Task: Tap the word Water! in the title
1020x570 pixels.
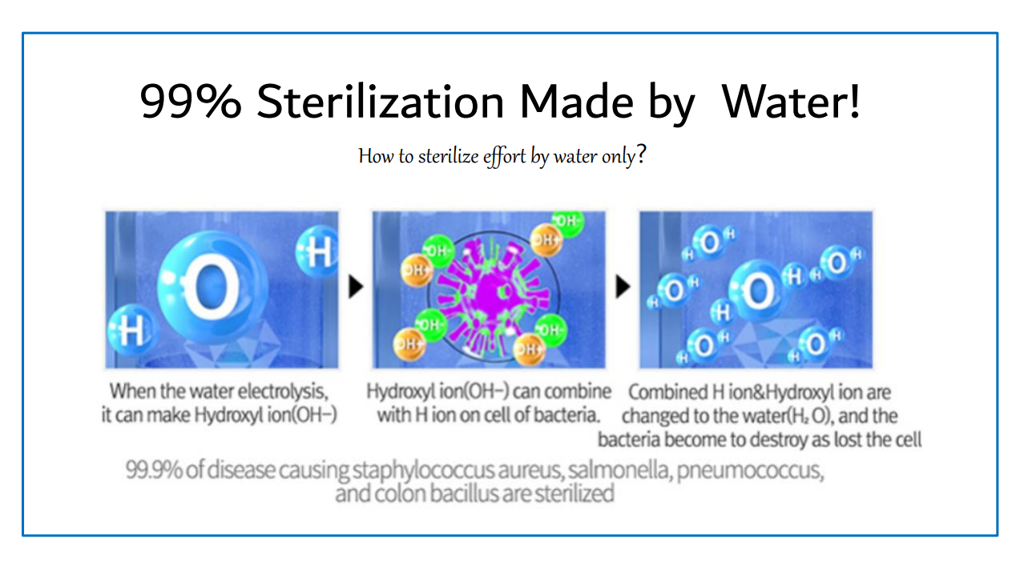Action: (791, 101)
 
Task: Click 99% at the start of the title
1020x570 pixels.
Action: (191, 101)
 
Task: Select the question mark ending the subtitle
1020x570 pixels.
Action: (641, 155)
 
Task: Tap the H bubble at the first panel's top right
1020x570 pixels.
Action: (317, 251)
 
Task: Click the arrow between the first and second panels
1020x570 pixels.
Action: (356, 287)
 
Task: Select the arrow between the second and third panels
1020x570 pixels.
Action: (623, 287)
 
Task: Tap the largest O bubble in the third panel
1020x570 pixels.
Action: (758, 291)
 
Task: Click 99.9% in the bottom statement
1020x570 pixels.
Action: (154, 470)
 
